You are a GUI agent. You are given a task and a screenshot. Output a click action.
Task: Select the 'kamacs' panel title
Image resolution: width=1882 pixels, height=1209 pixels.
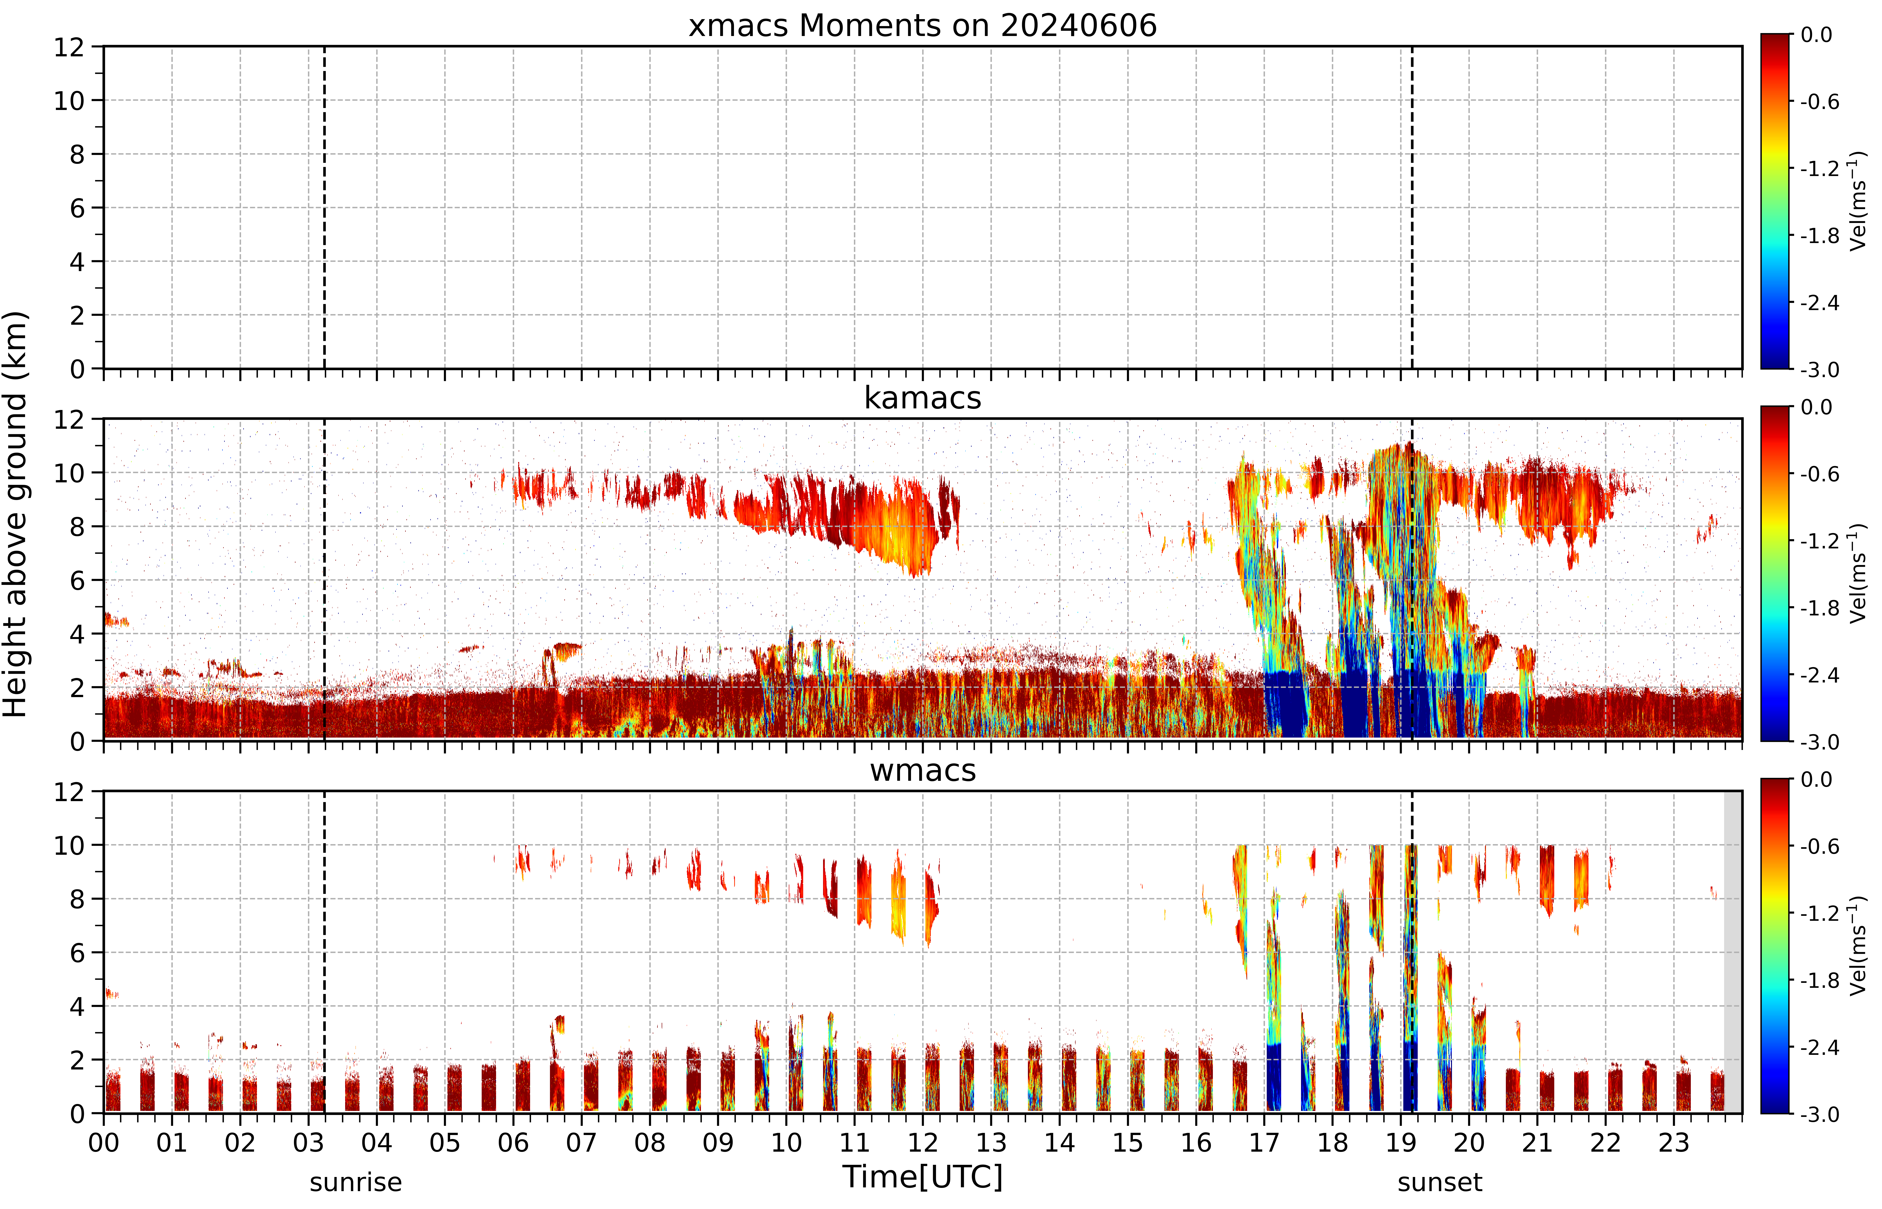click(x=923, y=398)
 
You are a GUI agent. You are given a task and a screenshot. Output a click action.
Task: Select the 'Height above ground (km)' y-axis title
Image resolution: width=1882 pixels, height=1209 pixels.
click(x=16, y=514)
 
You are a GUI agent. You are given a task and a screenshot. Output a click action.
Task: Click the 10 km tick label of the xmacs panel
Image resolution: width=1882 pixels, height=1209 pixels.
click(x=69, y=101)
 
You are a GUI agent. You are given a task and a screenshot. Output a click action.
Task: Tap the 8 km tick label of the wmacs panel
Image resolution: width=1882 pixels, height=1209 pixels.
click(x=77, y=899)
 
